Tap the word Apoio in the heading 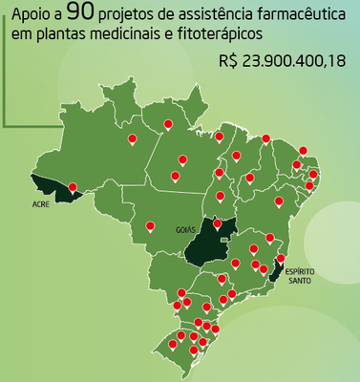click(28, 16)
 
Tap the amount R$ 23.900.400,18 click(283, 61)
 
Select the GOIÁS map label click(185, 230)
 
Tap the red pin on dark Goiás click(219, 224)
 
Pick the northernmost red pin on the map click(168, 123)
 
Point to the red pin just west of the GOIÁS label click(150, 226)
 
